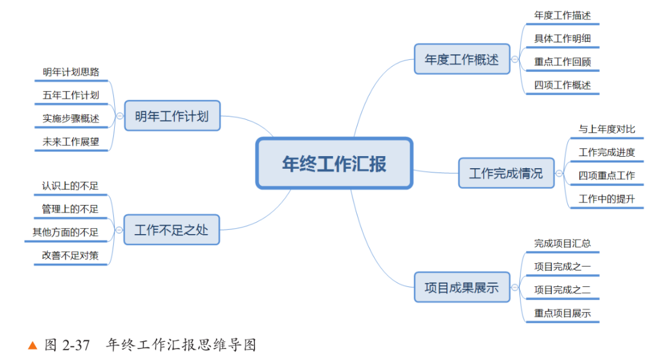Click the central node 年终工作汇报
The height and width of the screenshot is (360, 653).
point(334,163)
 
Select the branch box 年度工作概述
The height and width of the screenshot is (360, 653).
point(462,59)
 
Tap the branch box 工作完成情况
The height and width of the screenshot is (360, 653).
point(506,174)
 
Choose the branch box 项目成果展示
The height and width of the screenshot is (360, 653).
point(462,287)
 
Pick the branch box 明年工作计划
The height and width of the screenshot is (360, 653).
point(172,116)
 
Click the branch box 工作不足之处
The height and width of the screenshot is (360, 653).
point(172,229)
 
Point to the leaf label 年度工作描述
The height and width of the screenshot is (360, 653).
point(562,16)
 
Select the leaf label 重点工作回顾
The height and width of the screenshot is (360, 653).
point(562,62)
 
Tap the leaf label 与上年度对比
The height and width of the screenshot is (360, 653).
point(606,129)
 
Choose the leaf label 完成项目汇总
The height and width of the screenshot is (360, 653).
point(562,243)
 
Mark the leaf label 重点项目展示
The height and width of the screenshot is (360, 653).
point(562,313)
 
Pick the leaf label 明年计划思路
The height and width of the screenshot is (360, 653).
point(71,72)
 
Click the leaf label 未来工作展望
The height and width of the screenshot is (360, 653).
point(71,142)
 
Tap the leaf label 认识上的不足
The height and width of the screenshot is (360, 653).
point(70,186)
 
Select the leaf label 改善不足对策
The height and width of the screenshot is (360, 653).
point(70,255)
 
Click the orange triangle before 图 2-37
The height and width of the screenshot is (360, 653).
point(33,346)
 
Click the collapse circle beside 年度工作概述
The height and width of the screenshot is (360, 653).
point(515,59)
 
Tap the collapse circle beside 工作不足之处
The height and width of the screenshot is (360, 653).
point(119,230)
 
